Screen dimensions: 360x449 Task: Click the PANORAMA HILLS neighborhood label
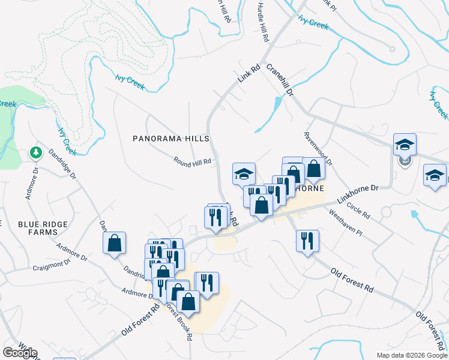click(x=171, y=139)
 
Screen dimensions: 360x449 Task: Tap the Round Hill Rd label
click(x=193, y=161)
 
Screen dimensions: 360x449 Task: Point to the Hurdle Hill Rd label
click(x=263, y=22)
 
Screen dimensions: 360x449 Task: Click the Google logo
click(x=20, y=353)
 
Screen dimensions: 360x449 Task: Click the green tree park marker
click(x=36, y=153)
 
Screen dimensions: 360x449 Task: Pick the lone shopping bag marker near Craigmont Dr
click(x=114, y=244)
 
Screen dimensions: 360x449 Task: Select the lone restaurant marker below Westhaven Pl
click(x=307, y=241)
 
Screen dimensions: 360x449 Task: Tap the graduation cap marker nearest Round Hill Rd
click(x=244, y=174)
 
